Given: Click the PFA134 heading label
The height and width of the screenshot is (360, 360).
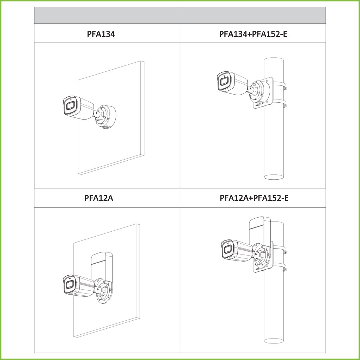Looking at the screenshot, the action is pyautogui.click(x=101, y=34).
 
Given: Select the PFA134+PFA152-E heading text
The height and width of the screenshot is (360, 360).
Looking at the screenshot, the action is pyautogui.click(x=253, y=34).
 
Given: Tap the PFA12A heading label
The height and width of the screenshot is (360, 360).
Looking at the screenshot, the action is pyautogui.click(x=99, y=198).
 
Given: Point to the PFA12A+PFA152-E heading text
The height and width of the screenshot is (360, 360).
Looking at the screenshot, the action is pyautogui.click(x=254, y=198).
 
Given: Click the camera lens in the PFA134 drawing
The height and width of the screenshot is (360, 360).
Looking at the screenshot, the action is pyautogui.click(x=70, y=106).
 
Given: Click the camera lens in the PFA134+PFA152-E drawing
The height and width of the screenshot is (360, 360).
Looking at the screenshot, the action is pyautogui.click(x=224, y=82).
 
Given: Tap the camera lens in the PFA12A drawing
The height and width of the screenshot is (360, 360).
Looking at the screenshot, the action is pyautogui.click(x=70, y=285).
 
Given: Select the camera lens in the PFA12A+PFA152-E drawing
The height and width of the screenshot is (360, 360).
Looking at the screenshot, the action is pyautogui.click(x=227, y=250).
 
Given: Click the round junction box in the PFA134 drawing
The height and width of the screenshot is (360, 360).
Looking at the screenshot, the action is pyautogui.click(x=107, y=117).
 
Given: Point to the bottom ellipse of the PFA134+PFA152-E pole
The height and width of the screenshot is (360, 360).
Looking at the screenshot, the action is pyautogui.click(x=274, y=177).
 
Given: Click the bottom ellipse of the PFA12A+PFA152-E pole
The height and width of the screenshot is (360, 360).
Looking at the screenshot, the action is pyautogui.click(x=274, y=341).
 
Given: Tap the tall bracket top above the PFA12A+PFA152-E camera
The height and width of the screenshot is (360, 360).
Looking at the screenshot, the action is pyautogui.click(x=260, y=222).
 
